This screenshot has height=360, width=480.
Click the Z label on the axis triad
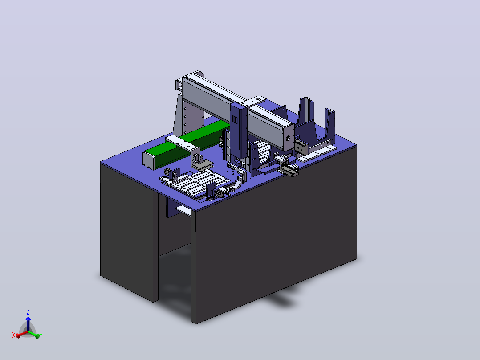tap(28, 312)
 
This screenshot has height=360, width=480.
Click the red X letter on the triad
tap(13, 335)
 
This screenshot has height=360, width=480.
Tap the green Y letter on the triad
tap(41, 336)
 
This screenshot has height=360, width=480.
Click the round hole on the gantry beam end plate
tap(288, 138)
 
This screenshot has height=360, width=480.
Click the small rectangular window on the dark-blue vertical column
tap(235, 119)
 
